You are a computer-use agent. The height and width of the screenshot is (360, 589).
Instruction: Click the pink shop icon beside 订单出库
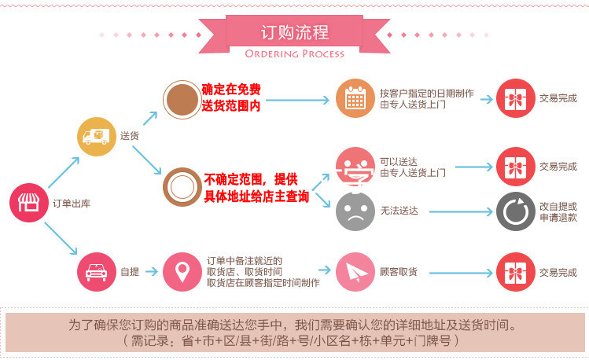tap(29, 203)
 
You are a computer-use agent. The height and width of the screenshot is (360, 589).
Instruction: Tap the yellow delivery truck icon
tap(97, 137)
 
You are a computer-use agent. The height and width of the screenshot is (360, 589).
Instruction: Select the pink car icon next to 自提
tap(97, 272)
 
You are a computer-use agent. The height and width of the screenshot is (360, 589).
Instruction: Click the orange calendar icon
tap(355, 98)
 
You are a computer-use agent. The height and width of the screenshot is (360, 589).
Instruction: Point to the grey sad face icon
tap(355, 211)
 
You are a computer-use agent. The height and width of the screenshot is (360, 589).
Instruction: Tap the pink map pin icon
tap(182, 272)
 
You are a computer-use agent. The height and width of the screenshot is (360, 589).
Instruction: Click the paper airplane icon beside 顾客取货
tap(355, 272)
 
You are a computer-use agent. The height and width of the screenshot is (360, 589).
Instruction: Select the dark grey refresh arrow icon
tap(515, 211)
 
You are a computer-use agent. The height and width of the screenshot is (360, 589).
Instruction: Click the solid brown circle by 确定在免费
tap(182, 100)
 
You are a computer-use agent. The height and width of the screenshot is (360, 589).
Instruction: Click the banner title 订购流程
tap(295, 33)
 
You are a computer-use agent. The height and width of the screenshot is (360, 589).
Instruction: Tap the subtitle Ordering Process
tap(295, 53)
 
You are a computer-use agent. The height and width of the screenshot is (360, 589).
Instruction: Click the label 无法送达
tap(399, 211)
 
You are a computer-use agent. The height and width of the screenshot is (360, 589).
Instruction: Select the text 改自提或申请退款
tap(558, 211)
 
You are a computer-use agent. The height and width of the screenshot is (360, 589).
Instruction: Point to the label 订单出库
tap(72, 204)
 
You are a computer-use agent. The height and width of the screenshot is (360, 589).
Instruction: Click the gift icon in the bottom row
tap(515, 272)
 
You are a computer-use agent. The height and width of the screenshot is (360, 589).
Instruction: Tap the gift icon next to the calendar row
tap(515, 98)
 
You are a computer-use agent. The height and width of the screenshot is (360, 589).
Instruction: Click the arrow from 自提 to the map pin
tap(152, 271)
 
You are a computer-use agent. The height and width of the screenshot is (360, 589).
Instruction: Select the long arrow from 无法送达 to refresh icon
tap(461, 211)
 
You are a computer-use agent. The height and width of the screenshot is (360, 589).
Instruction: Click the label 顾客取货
tap(398, 272)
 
